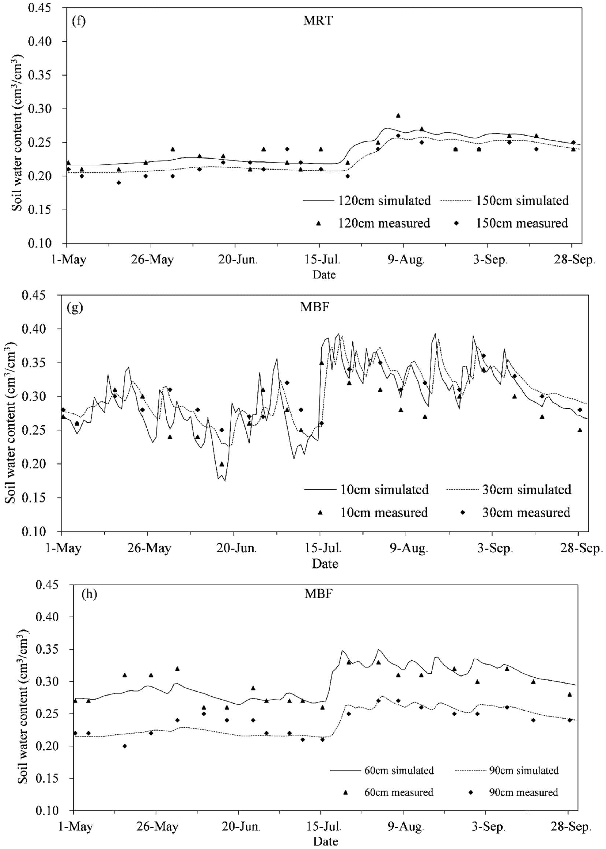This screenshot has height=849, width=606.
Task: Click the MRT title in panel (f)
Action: click(x=318, y=20)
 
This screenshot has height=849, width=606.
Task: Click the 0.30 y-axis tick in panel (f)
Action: click(x=44, y=109)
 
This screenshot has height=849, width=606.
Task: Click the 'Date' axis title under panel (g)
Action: click(x=325, y=563)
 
